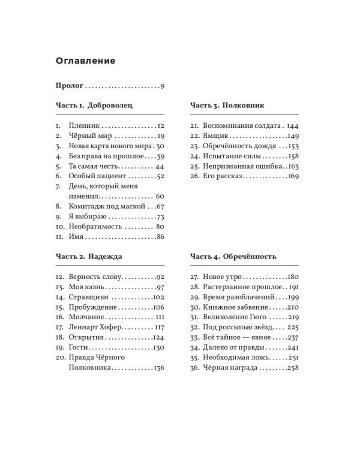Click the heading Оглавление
point(85,61)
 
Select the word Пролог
point(69,86)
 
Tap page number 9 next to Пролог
point(162,86)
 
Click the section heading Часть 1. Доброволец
point(94,105)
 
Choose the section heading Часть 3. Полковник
point(227,105)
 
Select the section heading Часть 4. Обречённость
point(233,256)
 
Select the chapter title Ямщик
point(217,136)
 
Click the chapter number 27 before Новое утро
point(195,277)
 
